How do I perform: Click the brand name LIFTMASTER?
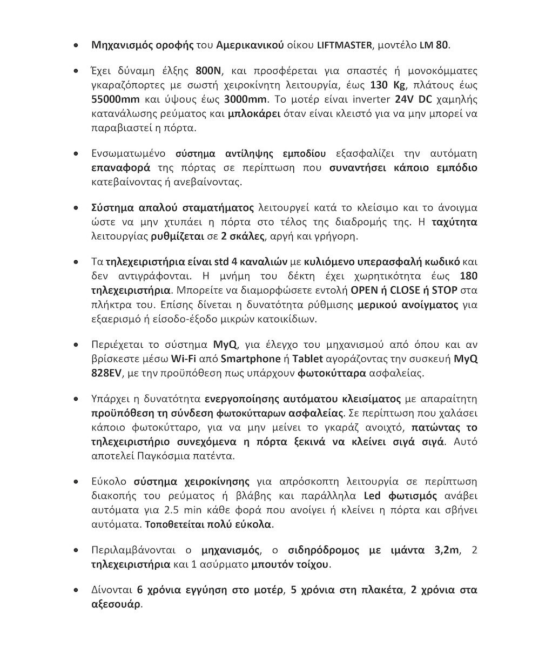click(x=344, y=45)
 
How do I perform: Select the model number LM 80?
click(x=434, y=45)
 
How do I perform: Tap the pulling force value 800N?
click(x=207, y=71)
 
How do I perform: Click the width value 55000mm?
click(x=115, y=99)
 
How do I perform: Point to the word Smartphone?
click(x=251, y=359)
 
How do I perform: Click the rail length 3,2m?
click(x=447, y=551)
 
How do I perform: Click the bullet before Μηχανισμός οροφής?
click(x=78, y=45)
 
